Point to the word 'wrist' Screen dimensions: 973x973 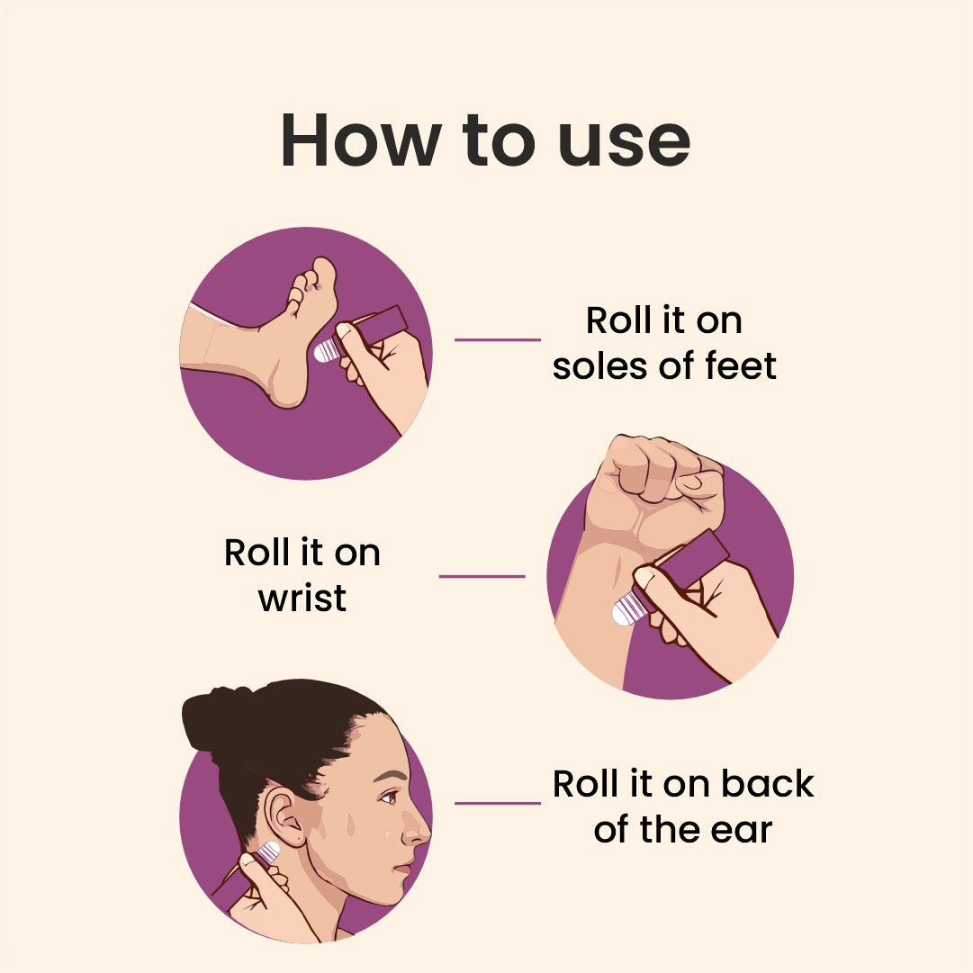(302, 598)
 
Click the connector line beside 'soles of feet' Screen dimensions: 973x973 (497, 340)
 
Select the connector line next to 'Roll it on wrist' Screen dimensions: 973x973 (482, 576)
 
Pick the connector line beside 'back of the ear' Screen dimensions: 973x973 (497, 803)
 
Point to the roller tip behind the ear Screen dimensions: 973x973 (269, 851)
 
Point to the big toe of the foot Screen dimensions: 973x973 (322, 273)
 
